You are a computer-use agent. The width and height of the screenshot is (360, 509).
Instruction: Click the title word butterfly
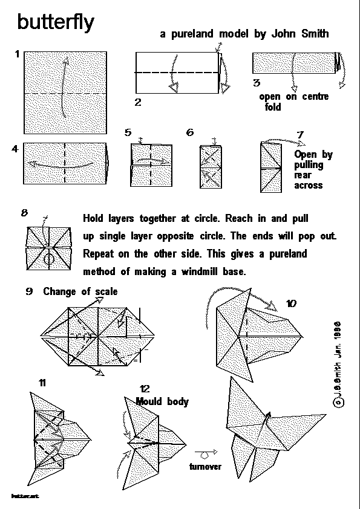click(x=56, y=22)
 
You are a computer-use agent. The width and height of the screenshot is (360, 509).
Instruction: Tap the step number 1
click(x=19, y=55)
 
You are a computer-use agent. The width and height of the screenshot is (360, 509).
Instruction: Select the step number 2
click(x=138, y=102)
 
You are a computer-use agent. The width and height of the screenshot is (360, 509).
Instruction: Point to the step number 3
click(x=257, y=83)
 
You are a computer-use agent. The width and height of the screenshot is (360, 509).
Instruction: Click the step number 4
click(x=15, y=149)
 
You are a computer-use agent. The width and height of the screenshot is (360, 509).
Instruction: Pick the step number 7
click(x=301, y=134)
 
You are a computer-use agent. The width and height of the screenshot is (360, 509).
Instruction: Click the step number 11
click(x=42, y=383)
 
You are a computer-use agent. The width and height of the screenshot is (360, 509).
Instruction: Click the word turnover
click(x=205, y=467)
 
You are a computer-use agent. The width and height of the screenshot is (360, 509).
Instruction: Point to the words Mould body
click(x=162, y=401)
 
